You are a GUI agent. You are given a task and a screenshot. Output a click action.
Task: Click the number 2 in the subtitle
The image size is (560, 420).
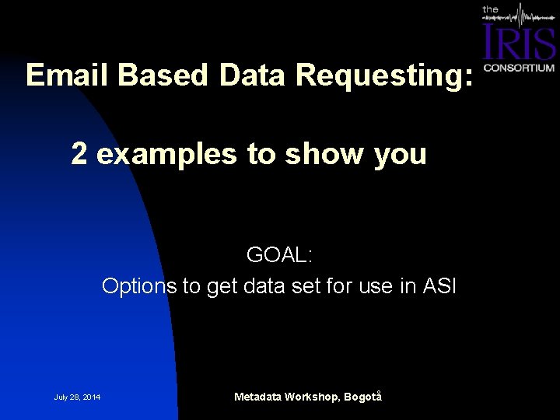[79, 153]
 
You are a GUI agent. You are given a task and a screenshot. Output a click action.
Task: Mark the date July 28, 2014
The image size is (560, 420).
[77, 398]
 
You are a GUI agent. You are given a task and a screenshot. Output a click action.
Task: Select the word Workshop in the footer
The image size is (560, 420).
[312, 397]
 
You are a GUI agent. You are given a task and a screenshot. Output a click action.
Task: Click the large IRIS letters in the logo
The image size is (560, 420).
[519, 43]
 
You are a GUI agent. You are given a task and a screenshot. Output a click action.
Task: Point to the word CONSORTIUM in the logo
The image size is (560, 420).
[519, 68]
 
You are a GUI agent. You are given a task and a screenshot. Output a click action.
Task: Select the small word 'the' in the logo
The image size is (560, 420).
[491, 9]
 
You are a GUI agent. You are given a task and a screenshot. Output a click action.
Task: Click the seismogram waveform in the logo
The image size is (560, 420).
[529, 16]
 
